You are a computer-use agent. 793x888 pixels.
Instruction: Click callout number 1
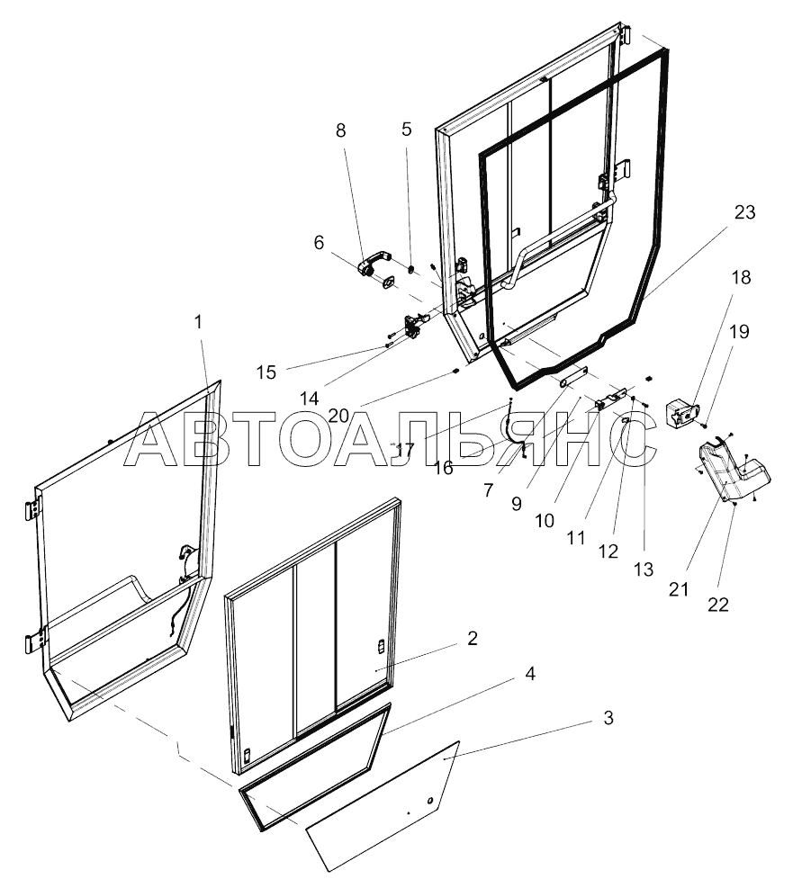click(198, 321)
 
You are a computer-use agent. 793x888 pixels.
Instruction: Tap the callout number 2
click(472, 640)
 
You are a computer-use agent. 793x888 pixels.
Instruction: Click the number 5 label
click(407, 129)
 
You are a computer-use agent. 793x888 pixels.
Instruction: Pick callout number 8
click(340, 130)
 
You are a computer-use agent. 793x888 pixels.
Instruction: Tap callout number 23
click(744, 213)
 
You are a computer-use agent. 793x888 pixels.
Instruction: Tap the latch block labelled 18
click(681, 415)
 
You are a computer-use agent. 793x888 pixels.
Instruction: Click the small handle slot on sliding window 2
click(380, 647)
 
